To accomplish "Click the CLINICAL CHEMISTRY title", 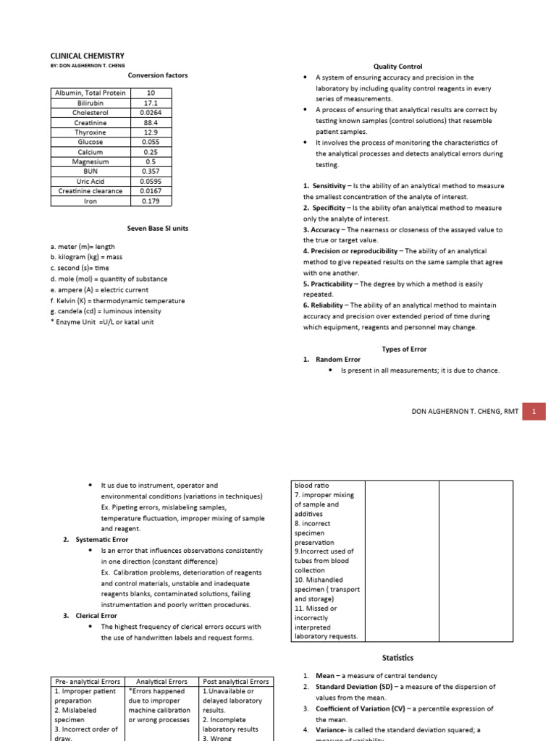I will [87, 56].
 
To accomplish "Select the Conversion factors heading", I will [157, 75].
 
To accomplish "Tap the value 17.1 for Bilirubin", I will [151, 103].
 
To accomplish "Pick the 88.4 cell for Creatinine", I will [151, 122].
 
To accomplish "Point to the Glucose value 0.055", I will [151, 143].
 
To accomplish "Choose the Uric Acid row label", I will [90, 182].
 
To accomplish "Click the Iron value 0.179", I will [151, 201].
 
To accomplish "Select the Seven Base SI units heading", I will [157, 229].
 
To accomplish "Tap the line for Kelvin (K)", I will [117, 300].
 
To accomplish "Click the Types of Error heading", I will [404, 349].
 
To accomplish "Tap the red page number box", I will [534, 411].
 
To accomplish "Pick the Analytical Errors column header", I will [161, 681].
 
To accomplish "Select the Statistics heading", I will [397, 658].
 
